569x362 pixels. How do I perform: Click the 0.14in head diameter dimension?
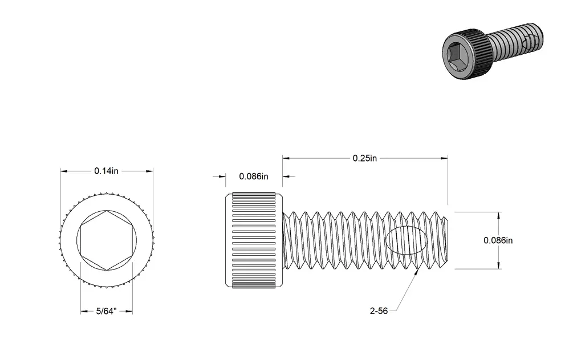[x=106, y=171]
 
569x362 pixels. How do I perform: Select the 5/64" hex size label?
[x=106, y=312]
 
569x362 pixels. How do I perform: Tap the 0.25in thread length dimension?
[x=365, y=158]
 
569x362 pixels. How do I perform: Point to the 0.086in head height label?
[x=254, y=176]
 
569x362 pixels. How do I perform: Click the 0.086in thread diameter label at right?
[x=498, y=240]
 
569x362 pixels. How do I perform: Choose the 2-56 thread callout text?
[x=379, y=311]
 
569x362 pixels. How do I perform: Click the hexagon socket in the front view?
[x=107, y=240]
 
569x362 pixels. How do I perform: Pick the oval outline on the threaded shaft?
[x=406, y=240]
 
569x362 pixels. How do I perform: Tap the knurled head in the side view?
[x=254, y=240]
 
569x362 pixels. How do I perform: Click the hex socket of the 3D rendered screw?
[x=458, y=56]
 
